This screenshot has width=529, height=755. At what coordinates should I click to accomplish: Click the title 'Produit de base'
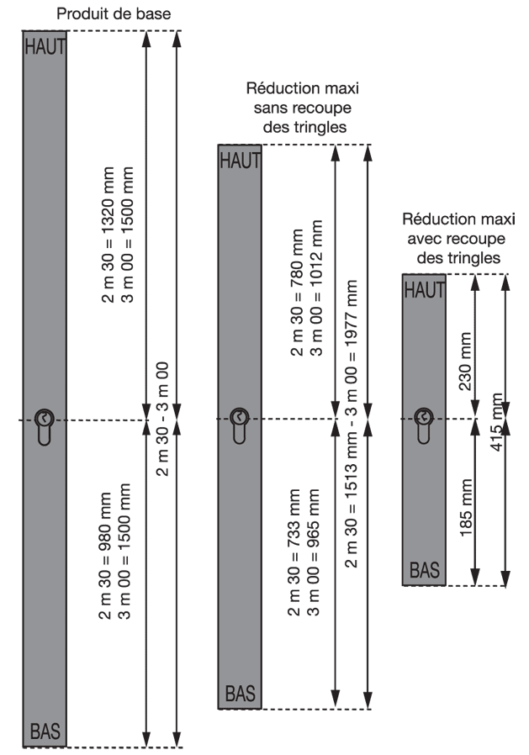point(124,14)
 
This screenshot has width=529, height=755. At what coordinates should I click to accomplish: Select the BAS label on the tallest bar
point(45,731)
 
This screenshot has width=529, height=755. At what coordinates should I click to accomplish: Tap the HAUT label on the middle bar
point(241,160)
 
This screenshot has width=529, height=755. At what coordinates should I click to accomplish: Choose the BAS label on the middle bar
point(241,694)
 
